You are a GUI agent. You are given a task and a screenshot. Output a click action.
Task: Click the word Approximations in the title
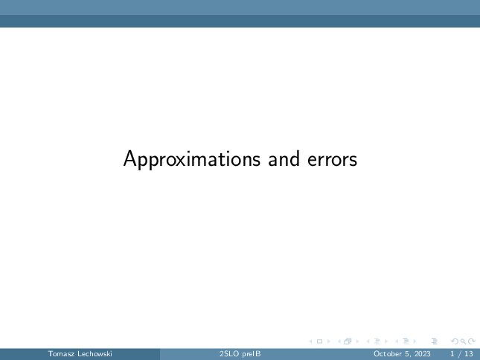coord(192,159)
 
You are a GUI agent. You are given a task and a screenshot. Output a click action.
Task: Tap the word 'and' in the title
coord(284,158)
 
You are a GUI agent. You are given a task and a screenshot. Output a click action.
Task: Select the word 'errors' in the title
coord(332,160)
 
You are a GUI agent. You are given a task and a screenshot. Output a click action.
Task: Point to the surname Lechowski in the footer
coord(95,354)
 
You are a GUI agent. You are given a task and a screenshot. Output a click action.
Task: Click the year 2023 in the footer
coord(423,354)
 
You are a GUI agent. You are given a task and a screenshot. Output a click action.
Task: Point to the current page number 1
coord(452,354)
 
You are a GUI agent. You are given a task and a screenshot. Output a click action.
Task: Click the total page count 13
coord(469,354)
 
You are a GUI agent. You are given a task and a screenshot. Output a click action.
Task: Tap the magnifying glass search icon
coord(463,341)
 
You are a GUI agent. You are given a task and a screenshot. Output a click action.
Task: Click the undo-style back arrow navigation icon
coord(455,341)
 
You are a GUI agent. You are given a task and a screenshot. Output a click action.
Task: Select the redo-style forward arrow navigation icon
coord(472,341)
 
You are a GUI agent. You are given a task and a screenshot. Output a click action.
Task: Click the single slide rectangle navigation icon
coord(319,341)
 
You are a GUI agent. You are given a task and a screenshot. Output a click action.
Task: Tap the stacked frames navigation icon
coord(348,341)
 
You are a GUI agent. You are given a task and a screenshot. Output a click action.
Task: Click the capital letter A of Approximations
coord(129,158)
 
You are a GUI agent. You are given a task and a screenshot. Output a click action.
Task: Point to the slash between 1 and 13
coord(459,354)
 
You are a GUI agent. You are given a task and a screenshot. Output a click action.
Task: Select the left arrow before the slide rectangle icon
coord(311,341)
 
